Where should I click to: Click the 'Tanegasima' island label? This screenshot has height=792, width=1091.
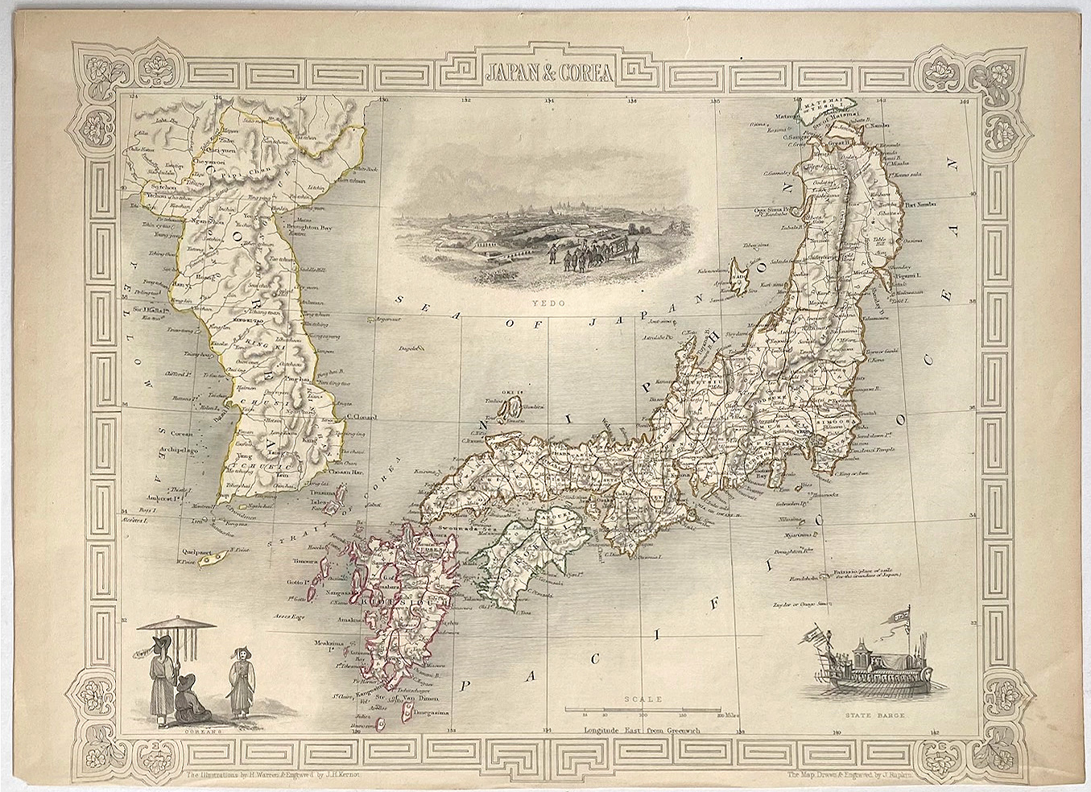[x=430, y=711]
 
